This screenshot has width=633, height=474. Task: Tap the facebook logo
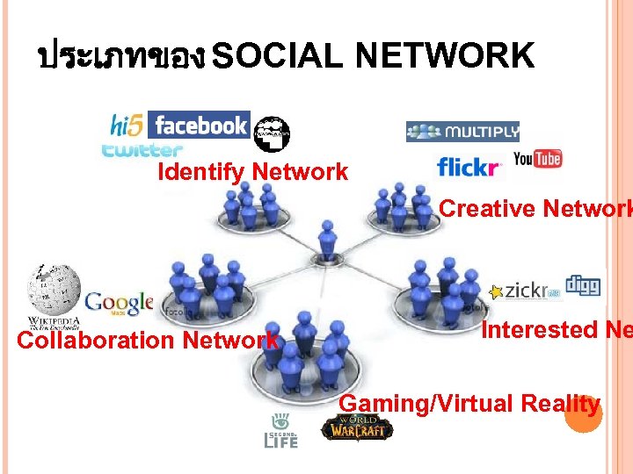[x=200, y=126]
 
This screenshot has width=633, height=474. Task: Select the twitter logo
[x=142, y=150]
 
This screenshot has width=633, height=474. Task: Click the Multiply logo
[x=462, y=133]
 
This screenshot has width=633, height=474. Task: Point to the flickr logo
[x=469, y=166]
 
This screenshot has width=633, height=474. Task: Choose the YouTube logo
[x=537, y=159]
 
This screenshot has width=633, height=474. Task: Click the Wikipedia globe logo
[x=54, y=291]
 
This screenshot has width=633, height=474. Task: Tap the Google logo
[x=119, y=305]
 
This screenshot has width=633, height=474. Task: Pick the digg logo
[x=582, y=285]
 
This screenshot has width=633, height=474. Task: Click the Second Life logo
[x=281, y=430]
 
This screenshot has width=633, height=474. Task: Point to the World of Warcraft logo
[x=357, y=427]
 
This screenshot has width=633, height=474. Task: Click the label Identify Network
[x=252, y=172]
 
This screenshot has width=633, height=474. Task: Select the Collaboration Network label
[x=148, y=341]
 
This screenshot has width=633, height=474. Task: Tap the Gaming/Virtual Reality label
[x=469, y=404]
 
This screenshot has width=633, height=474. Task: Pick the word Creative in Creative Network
[x=487, y=209]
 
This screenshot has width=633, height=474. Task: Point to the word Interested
[x=538, y=330]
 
